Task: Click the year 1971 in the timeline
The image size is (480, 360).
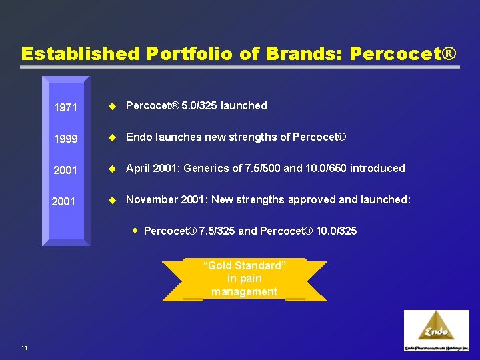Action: pos(65,107)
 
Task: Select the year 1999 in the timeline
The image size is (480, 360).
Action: pos(65,139)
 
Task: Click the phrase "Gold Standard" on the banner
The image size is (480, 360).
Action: pos(245,265)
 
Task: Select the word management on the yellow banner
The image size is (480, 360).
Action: pos(244,291)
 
